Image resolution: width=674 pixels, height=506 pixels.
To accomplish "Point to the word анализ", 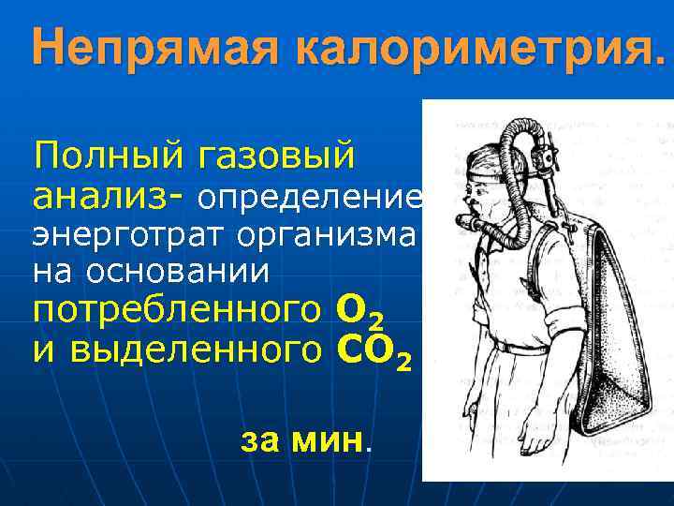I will point(103,198).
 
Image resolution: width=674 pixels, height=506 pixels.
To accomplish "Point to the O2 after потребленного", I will point(361,312).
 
